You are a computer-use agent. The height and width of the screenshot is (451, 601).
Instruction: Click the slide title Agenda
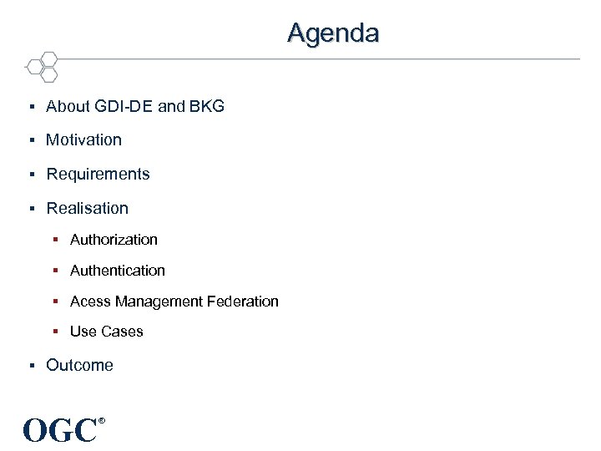pyautogui.click(x=333, y=33)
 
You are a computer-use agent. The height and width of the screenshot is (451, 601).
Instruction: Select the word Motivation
pyautogui.click(x=83, y=140)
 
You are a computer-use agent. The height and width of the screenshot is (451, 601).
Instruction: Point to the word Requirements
pyautogui.click(x=98, y=175)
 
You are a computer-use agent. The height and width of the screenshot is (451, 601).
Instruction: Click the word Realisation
pyautogui.click(x=87, y=209)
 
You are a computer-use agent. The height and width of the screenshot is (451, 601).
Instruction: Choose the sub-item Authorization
pyautogui.click(x=114, y=240)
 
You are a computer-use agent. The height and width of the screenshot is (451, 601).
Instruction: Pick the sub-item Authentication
pyautogui.click(x=118, y=271)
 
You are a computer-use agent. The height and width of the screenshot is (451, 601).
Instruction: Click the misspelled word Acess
pyautogui.click(x=90, y=302)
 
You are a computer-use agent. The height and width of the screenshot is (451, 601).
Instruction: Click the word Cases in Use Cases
pyautogui.click(x=123, y=332)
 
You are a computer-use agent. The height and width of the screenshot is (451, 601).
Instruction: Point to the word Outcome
pyautogui.click(x=79, y=366)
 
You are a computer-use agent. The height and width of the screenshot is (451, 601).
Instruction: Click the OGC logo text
pyautogui.click(x=60, y=431)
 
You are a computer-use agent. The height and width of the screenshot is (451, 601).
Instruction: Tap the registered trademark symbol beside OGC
pyautogui.click(x=102, y=420)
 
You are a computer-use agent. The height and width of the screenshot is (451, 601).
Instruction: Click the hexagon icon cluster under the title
pyautogui.click(x=42, y=66)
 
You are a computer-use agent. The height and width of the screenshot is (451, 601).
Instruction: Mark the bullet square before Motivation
pyautogui.click(x=30, y=140)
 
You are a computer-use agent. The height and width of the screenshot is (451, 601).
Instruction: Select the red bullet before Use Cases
pyautogui.click(x=54, y=332)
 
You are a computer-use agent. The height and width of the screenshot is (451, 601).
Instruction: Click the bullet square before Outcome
pyautogui.click(x=30, y=366)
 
